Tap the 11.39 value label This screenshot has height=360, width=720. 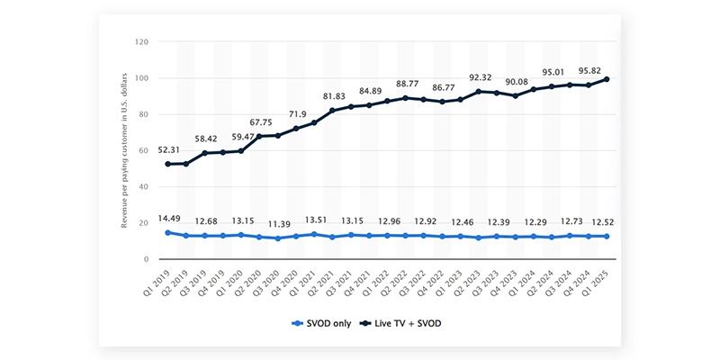pos(266,223)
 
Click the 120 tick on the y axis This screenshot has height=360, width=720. pos(141,42)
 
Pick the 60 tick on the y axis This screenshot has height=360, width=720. pos(143,150)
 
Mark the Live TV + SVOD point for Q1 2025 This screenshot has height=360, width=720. pos(607,79)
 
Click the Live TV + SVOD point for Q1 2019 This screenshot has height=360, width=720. pos(167,164)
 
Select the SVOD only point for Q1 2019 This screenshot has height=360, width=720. pos(167,232)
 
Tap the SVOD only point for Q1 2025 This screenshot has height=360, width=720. pos(607,236)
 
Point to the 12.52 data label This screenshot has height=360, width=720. pos(590,222)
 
